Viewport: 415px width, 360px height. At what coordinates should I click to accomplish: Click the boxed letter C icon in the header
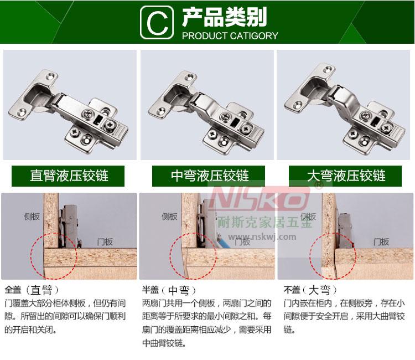click(157, 23)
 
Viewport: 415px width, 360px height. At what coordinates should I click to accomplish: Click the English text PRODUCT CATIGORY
click(230, 36)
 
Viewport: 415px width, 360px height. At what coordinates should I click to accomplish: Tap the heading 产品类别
click(225, 17)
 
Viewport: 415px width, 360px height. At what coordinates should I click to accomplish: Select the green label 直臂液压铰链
click(68, 176)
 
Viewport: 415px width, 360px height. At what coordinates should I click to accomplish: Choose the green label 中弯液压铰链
click(209, 176)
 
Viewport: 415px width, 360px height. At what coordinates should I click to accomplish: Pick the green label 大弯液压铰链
click(345, 176)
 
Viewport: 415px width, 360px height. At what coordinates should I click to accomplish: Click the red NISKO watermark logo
click(260, 197)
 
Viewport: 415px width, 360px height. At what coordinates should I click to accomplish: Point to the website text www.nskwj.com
click(262, 236)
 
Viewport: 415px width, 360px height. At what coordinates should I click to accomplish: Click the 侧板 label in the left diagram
click(32, 217)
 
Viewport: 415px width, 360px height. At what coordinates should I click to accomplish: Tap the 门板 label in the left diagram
click(105, 241)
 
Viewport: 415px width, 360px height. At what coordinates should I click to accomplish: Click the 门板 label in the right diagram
click(381, 241)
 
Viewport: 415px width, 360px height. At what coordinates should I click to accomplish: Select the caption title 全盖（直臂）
click(32, 290)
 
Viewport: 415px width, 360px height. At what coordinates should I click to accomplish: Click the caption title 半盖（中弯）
click(169, 290)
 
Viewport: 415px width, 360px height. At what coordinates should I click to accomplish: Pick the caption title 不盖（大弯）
click(310, 290)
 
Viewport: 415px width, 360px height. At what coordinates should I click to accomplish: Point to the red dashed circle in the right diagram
click(310, 256)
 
